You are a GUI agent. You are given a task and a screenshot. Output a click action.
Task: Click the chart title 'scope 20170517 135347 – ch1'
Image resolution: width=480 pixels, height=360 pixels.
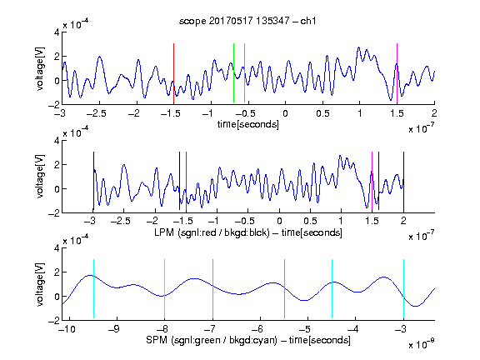[x=247, y=21]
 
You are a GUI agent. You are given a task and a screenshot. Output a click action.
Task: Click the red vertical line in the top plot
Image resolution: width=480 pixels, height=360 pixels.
[x=173, y=73]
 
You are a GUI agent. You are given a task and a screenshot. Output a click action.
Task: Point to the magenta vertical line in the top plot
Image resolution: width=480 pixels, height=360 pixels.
[x=397, y=73]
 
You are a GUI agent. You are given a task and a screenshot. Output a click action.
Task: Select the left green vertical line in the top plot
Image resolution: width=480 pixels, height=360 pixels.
[x=233, y=72]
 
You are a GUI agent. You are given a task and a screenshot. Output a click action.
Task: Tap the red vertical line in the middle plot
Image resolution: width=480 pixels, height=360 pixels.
[x=186, y=182]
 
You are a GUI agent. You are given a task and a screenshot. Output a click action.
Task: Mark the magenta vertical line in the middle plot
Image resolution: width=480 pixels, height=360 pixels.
[x=372, y=182]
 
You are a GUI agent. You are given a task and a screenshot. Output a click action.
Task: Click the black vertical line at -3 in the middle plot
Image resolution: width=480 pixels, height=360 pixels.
[x=93, y=181]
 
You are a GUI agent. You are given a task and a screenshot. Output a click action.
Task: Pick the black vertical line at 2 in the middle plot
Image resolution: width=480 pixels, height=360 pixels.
[x=403, y=182]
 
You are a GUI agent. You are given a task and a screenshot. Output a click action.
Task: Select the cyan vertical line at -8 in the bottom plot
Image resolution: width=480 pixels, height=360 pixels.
[x=164, y=289]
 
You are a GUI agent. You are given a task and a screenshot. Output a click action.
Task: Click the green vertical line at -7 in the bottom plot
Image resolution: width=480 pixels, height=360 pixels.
[x=212, y=289]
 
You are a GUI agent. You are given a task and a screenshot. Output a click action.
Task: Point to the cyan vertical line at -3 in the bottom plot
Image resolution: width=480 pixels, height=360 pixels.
[x=403, y=289]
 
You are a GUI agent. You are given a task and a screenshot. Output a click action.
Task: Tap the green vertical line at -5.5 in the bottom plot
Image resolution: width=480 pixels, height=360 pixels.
[x=284, y=289]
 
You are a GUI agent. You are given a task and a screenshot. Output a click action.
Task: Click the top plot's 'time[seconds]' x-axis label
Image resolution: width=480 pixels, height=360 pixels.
[x=248, y=124]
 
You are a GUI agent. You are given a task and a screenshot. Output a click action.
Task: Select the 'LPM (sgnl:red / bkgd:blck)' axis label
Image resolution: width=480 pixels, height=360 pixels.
[x=212, y=232]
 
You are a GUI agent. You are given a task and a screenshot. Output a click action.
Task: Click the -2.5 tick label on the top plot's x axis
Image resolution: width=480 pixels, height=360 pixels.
[x=96, y=113]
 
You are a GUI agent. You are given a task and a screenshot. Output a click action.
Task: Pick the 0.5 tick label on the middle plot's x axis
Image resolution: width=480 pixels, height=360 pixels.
[x=310, y=221]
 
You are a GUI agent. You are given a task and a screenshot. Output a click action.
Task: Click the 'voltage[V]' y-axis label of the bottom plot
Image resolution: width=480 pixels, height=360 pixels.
[x=40, y=284]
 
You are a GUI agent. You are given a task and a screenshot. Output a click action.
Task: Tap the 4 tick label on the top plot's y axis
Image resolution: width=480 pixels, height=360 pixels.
[x=57, y=32]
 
